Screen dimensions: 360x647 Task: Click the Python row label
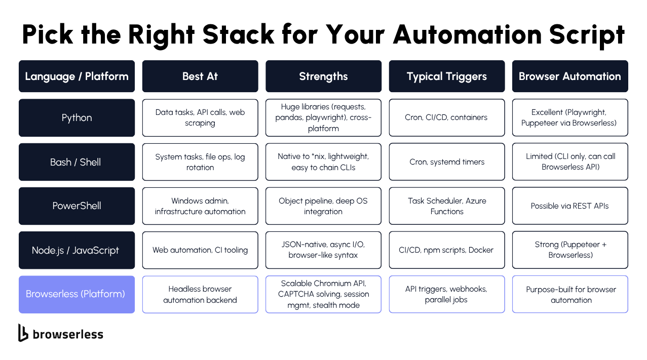(x=77, y=117)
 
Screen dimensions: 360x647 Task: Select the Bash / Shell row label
(x=77, y=162)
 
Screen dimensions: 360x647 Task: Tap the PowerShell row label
(x=77, y=206)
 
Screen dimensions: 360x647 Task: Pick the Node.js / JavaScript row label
(x=77, y=250)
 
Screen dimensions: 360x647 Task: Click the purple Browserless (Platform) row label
(x=77, y=294)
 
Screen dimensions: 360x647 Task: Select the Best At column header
(x=200, y=76)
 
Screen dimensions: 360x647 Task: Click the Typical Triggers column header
(x=446, y=76)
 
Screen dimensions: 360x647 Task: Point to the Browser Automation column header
(x=570, y=76)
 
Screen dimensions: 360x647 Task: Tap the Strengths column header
(x=323, y=76)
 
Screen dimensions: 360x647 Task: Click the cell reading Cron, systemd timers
(x=446, y=162)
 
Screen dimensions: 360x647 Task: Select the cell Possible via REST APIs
(x=570, y=206)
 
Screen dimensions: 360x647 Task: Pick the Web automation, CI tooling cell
(x=200, y=250)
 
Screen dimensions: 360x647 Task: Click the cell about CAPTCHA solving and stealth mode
(x=323, y=294)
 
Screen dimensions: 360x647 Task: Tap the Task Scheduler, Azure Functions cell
(x=446, y=206)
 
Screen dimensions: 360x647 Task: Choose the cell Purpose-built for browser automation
(x=570, y=294)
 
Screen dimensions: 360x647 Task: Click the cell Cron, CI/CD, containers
(x=446, y=117)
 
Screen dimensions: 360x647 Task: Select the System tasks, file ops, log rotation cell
(x=200, y=162)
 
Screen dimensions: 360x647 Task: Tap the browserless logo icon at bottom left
(x=23, y=333)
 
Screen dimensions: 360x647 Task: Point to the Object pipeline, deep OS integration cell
(x=323, y=206)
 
